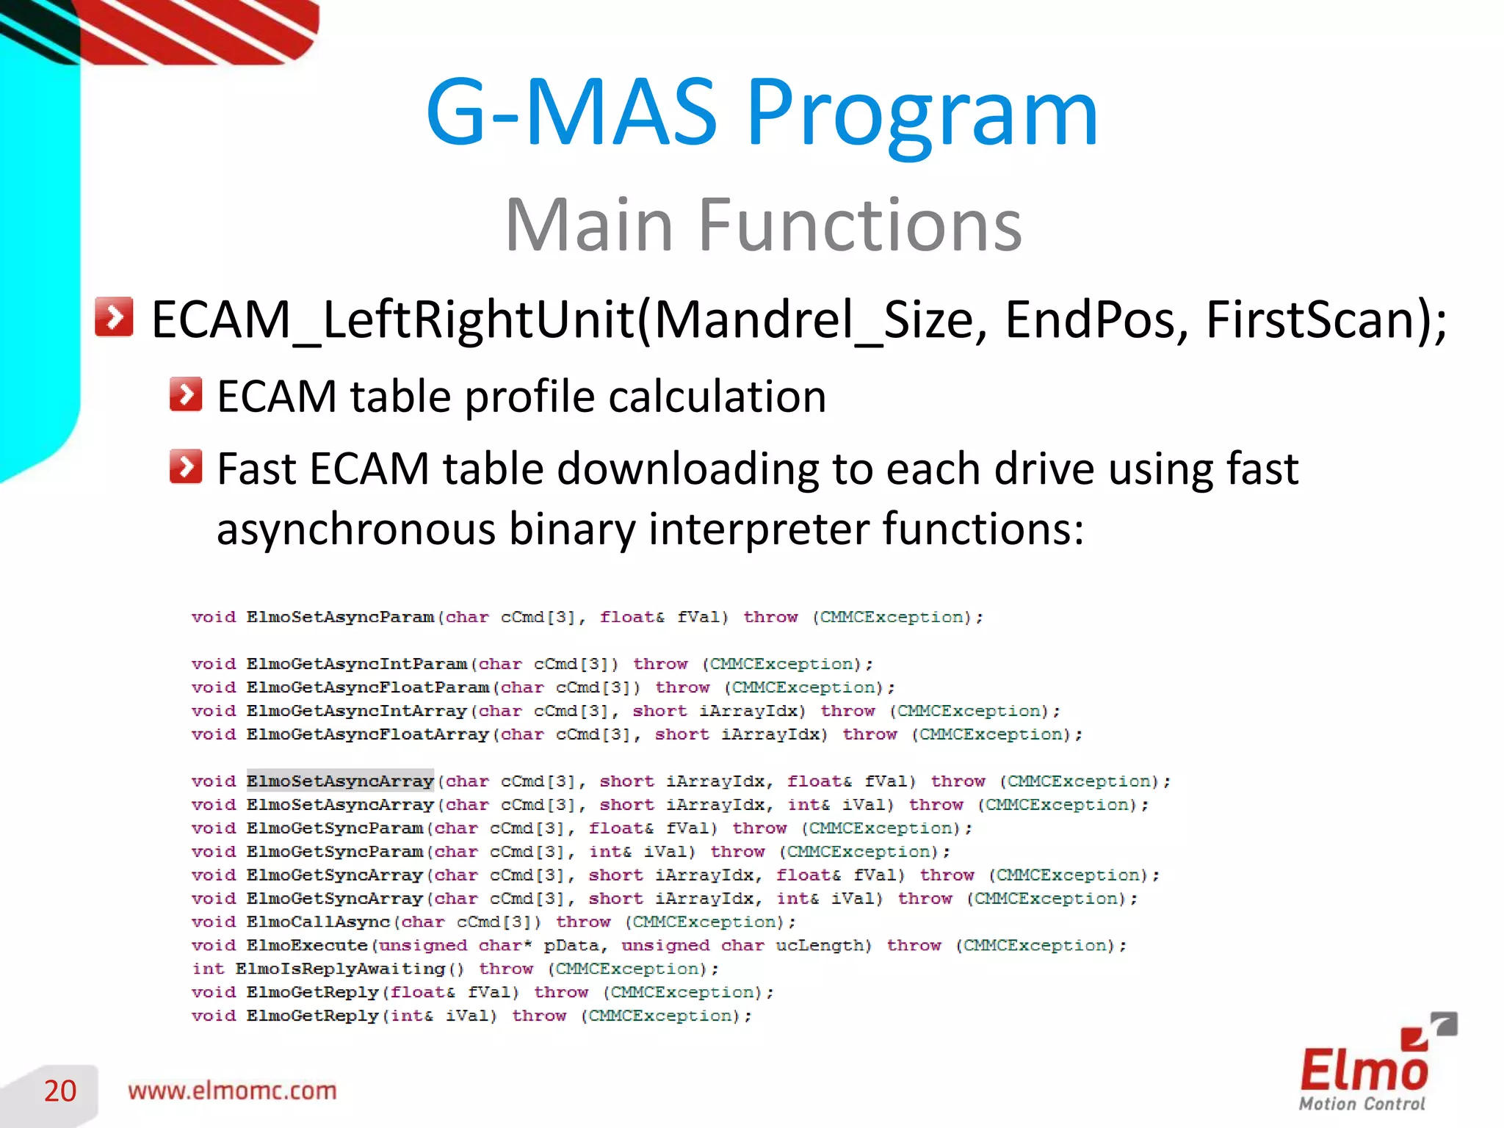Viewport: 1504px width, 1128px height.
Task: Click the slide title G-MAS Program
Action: [762, 114]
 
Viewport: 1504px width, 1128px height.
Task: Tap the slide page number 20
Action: [60, 1091]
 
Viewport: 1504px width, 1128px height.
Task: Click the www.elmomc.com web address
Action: [232, 1091]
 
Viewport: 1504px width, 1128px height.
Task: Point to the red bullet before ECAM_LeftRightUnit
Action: [114, 317]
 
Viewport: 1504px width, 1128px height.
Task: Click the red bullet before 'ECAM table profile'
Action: [186, 394]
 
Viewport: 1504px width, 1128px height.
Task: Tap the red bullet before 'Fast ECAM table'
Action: [186, 466]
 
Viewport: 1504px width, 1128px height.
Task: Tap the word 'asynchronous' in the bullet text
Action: [355, 529]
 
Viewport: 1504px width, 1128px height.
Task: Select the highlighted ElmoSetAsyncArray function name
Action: [340, 781]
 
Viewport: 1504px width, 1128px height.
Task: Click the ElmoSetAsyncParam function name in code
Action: [340, 617]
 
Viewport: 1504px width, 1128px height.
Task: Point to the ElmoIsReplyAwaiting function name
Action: [340, 969]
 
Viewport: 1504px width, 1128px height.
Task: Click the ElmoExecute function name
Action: [307, 945]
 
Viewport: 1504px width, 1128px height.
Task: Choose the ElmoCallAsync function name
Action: [318, 922]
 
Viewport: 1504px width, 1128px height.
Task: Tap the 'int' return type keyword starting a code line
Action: [208, 969]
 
